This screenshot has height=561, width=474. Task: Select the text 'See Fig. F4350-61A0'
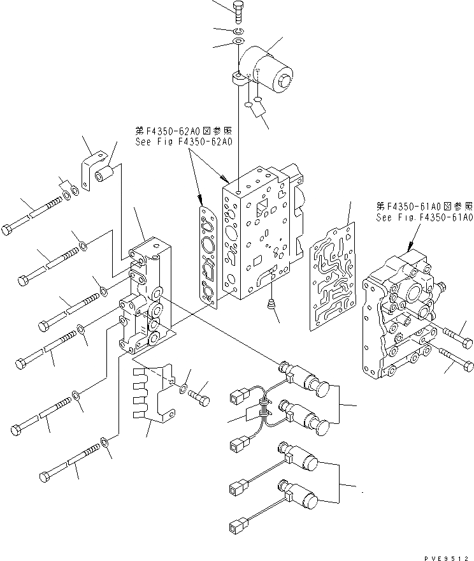point(424,217)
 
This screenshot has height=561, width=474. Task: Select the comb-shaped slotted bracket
point(152,392)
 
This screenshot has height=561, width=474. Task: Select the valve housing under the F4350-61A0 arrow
point(399,319)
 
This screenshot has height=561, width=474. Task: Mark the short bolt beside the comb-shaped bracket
point(199,395)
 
